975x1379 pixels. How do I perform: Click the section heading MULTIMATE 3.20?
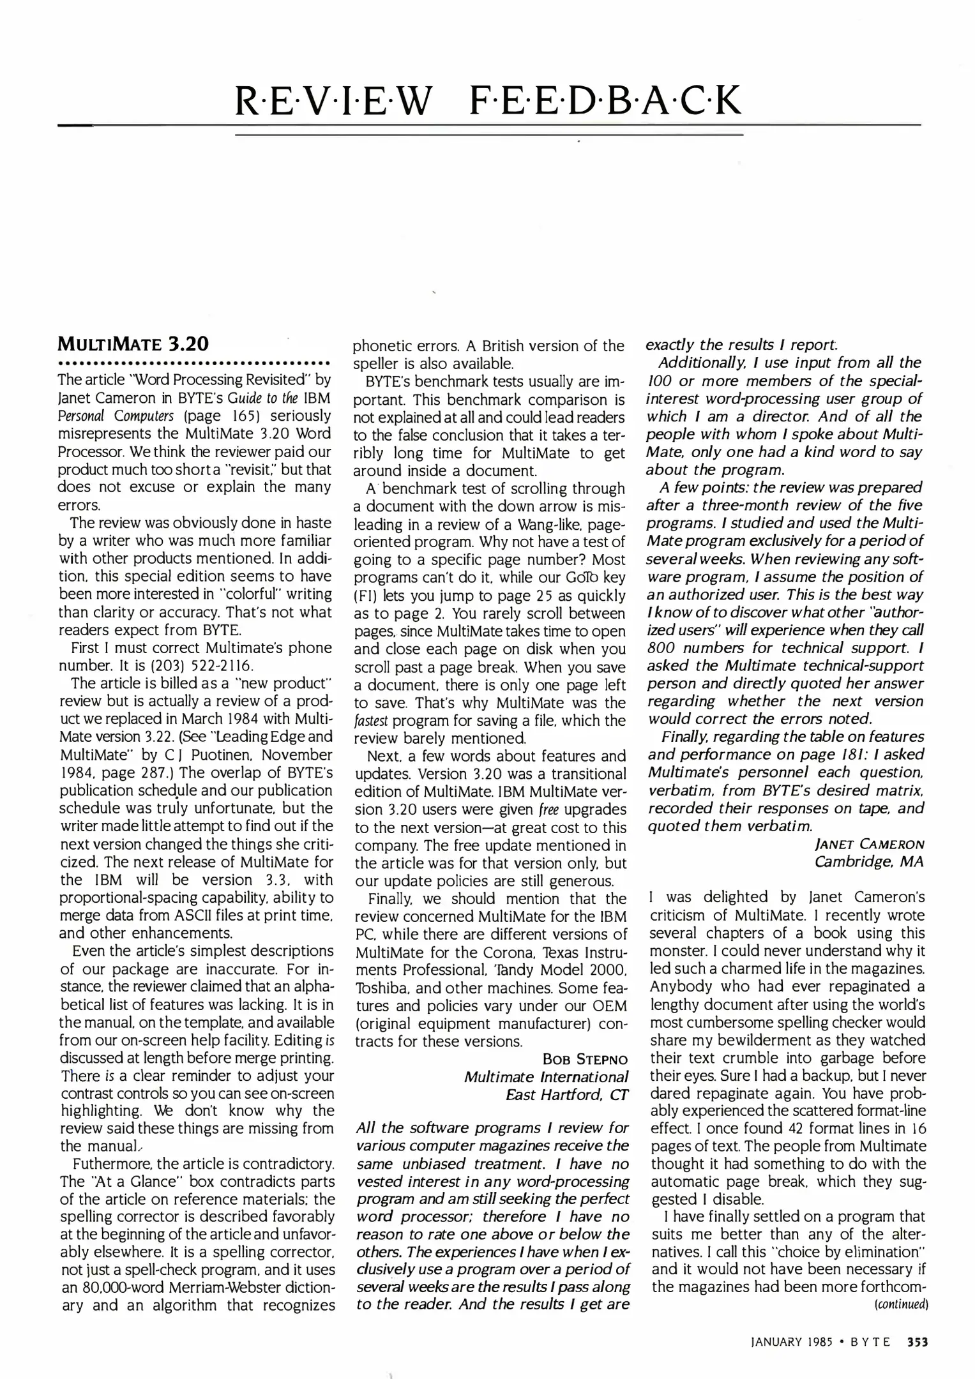[133, 344]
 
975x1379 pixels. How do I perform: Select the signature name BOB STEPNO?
[585, 1060]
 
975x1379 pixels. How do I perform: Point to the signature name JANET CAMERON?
[870, 844]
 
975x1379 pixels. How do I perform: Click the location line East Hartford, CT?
[567, 1095]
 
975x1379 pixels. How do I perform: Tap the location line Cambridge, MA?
[869, 862]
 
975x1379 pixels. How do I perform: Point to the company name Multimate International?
[546, 1078]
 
